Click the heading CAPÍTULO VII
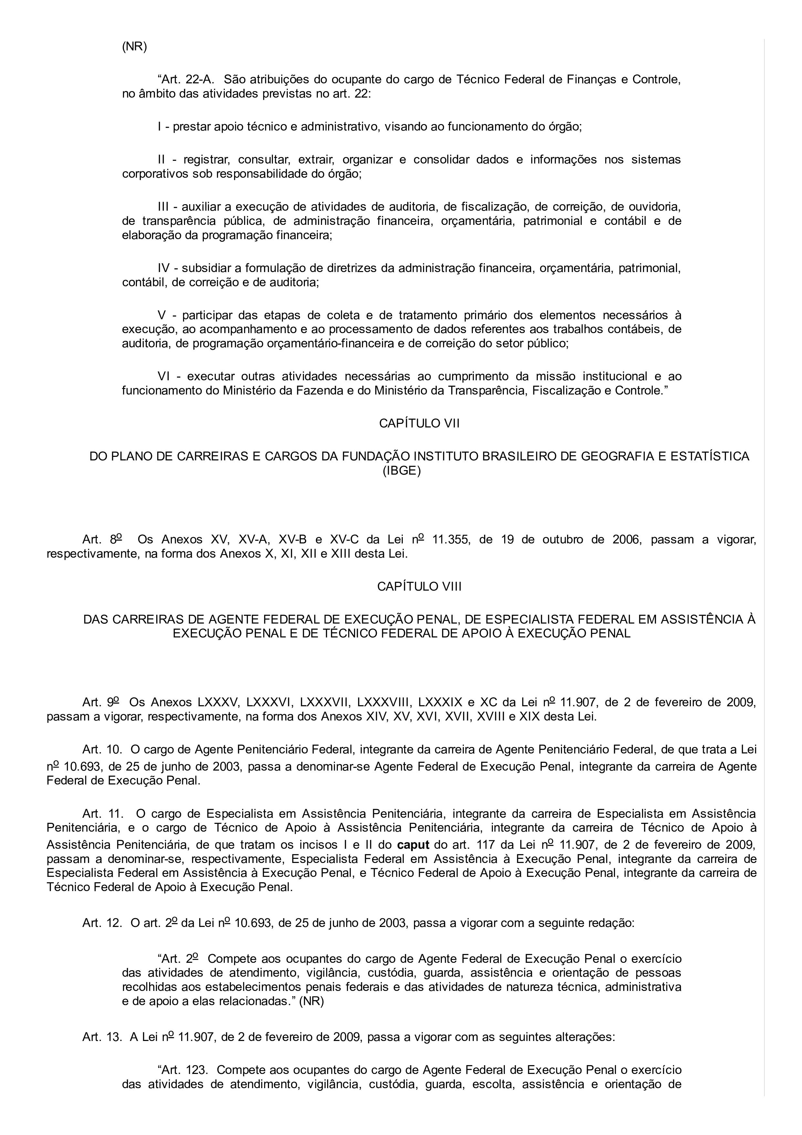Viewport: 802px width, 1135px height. tap(419, 424)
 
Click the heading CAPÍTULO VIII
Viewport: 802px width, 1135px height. tap(419, 586)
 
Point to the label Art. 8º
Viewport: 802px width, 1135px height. tap(103, 539)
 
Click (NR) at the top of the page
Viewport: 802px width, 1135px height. tap(134, 47)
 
